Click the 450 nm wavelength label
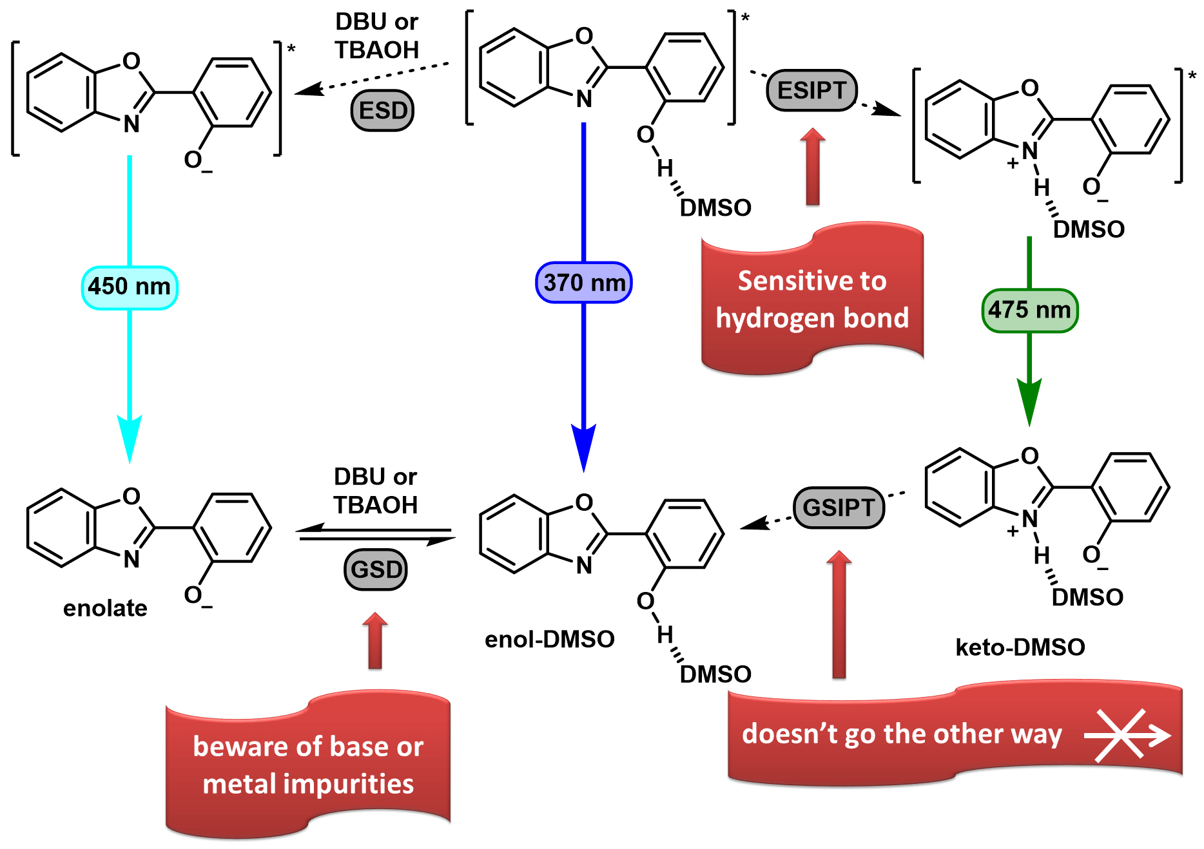point(130,287)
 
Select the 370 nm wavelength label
point(584,283)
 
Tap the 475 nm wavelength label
point(1029,310)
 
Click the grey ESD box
point(382,111)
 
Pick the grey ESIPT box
point(811,90)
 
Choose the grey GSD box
point(376,569)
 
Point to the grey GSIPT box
point(839,508)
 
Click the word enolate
point(105,608)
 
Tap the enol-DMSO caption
point(550,639)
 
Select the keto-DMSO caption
point(1020,647)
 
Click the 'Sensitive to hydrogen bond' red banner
point(812,299)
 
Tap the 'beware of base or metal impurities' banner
point(308,765)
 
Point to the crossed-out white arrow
point(1127,735)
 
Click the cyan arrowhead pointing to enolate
point(130,438)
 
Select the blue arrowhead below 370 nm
point(584,448)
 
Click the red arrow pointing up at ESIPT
point(813,166)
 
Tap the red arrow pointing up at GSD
point(375,640)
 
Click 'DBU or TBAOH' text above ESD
point(377,36)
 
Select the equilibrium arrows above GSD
point(376,535)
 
